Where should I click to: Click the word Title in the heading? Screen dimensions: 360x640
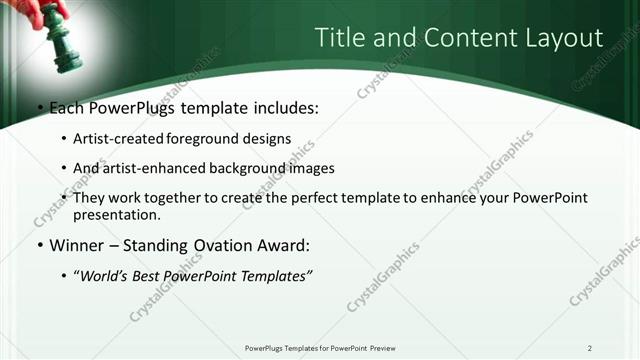pos(339,38)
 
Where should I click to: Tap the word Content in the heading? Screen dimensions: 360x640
pos(453,38)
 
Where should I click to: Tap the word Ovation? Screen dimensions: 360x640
pos(230,245)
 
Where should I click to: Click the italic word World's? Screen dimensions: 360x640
pos(104,275)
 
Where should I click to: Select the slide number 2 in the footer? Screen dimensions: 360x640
pos(589,348)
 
